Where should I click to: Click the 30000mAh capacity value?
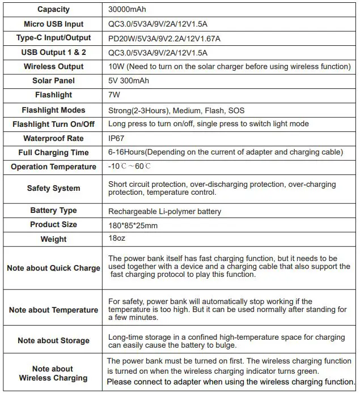[x=128, y=10]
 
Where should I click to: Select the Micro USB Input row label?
[x=54, y=24]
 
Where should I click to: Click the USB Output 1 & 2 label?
[x=54, y=53]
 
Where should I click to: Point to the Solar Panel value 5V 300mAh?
[x=128, y=81]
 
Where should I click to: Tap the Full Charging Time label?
[x=54, y=153]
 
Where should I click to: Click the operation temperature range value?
[x=130, y=167]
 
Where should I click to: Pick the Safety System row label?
[x=54, y=189]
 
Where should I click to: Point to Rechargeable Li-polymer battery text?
[x=164, y=211]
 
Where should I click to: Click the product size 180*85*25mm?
[x=133, y=225]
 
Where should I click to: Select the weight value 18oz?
[x=116, y=240]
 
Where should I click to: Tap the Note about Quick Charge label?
[x=54, y=268]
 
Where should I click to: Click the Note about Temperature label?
[x=54, y=310]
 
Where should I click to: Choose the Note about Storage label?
[x=54, y=340]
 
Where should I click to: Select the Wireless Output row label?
[x=54, y=67]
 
